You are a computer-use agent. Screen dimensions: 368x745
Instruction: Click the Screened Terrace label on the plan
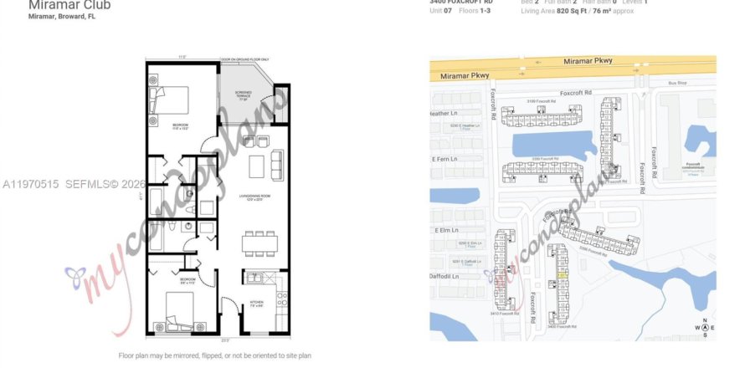pyautogui.click(x=243, y=97)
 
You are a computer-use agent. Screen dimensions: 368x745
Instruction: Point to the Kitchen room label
pyautogui.click(x=256, y=304)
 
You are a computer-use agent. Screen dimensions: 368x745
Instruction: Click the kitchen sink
pyautogui.click(x=256, y=279)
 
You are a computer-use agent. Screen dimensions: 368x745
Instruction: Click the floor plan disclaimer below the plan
pyautogui.click(x=215, y=355)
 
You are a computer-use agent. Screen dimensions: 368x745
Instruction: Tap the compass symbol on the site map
pyautogui.click(x=705, y=328)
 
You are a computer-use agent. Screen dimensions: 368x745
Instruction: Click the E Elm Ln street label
pyautogui.click(x=448, y=229)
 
